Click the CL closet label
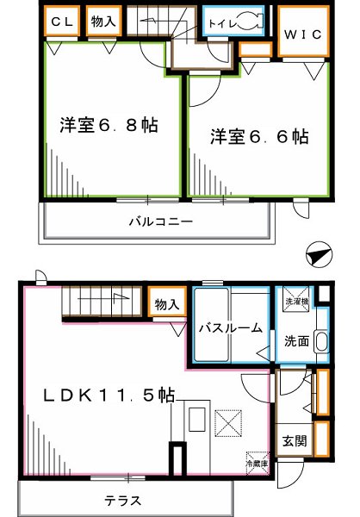pyautogui.click(x=61, y=21)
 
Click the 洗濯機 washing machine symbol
pyautogui.click(x=295, y=302)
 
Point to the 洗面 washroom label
pyautogui.click(x=296, y=339)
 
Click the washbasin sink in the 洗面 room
pyautogui.click(x=321, y=341)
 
